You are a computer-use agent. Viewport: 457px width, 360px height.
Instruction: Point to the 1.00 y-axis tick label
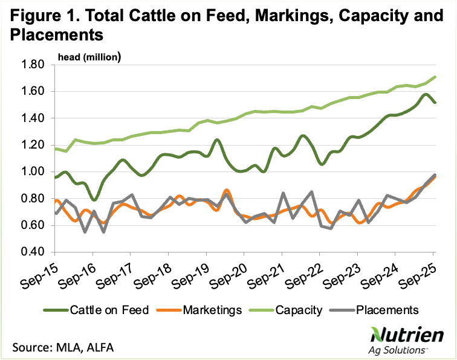point(34,172)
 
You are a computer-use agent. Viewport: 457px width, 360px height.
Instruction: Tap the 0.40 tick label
point(34,252)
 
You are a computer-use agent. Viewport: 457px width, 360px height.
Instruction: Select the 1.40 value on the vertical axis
point(34,118)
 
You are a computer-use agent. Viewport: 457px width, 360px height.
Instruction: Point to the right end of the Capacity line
point(436,77)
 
